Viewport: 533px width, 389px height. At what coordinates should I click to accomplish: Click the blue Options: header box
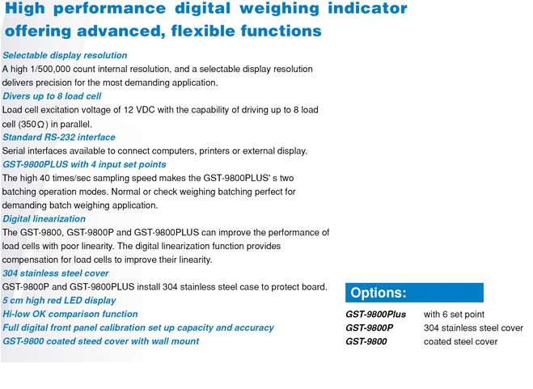[414, 293]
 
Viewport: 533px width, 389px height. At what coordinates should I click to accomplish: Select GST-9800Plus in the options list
[376, 314]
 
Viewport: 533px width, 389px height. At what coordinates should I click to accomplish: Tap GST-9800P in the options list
[370, 328]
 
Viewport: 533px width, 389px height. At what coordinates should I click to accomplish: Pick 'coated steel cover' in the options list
[460, 341]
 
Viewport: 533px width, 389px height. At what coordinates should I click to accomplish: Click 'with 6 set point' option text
[455, 314]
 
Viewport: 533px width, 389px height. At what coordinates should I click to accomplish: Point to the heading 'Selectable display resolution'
[65, 55]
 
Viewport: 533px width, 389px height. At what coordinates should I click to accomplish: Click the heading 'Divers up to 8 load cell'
[52, 96]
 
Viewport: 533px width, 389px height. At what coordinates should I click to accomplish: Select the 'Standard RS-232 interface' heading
[59, 137]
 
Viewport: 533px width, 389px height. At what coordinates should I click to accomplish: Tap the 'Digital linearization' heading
[44, 219]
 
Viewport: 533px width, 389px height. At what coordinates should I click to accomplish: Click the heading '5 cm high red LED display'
[59, 301]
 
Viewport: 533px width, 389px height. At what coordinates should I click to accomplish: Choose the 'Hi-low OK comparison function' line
[70, 314]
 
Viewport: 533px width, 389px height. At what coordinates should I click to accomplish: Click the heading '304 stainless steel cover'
[55, 273]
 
